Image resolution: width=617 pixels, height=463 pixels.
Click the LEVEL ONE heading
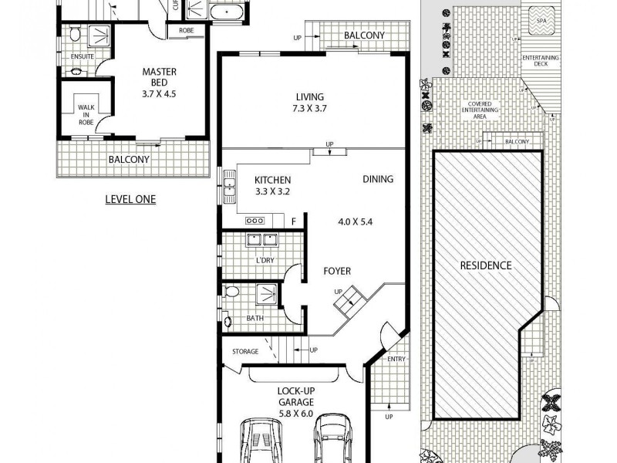coord(130,199)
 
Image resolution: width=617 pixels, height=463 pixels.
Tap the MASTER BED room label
coord(159,78)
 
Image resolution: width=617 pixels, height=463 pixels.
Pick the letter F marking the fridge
coord(293,221)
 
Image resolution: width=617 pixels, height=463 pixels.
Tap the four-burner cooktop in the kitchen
coord(254,221)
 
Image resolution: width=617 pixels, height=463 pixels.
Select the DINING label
coord(377,179)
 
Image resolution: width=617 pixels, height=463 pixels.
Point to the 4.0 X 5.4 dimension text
coord(356,221)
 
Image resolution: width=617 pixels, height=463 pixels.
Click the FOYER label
coord(337,271)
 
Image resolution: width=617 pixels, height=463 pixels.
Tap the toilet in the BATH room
coord(232,291)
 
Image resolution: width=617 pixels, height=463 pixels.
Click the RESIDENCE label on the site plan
coord(486,265)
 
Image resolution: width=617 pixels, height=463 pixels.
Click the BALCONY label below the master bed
coord(129,160)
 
